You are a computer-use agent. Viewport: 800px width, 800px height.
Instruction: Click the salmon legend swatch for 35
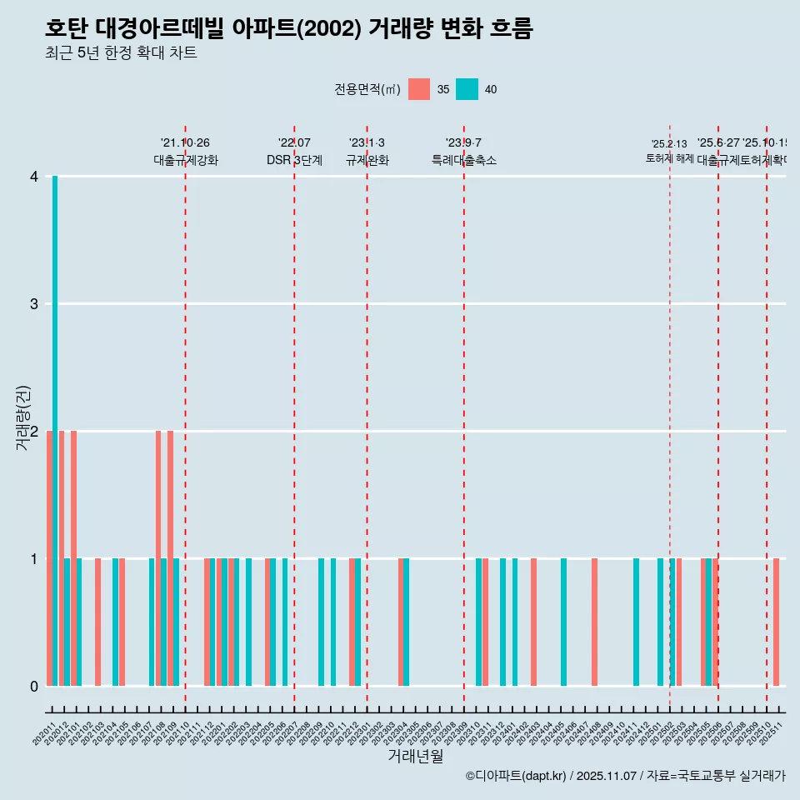pos(419,89)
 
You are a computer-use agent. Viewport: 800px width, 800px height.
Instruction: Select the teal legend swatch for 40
pos(467,89)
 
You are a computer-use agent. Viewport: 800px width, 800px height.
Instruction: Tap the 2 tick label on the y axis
pos(33,432)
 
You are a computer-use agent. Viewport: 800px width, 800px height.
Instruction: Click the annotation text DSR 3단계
pos(294,160)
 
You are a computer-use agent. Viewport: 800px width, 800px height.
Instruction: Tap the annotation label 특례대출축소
pos(463,160)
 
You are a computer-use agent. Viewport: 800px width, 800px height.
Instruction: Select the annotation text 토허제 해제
pos(669,158)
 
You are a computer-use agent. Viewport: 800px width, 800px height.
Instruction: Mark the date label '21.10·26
pos(185,142)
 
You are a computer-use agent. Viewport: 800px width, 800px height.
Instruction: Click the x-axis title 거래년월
pos(415,756)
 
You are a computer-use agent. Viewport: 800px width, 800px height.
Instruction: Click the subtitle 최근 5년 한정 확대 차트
pos(121,53)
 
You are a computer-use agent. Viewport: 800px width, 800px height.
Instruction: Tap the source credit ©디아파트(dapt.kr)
pos(516,776)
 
